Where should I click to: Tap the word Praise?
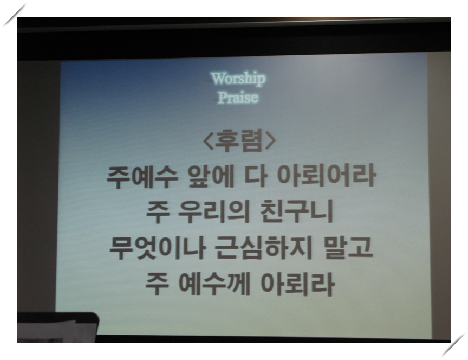(x=238, y=98)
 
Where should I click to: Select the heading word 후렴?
(x=239, y=140)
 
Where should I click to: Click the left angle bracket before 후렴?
(x=208, y=141)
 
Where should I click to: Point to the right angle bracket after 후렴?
(x=270, y=141)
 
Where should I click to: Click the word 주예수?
(x=142, y=177)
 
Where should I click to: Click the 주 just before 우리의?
(x=158, y=213)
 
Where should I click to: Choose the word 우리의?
(x=214, y=212)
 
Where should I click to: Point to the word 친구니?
(x=296, y=211)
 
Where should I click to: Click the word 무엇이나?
(x=157, y=248)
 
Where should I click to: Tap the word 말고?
(x=348, y=247)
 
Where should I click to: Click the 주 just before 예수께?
(x=157, y=285)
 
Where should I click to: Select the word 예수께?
(x=214, y=284)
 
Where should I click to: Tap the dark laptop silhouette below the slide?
(x=57, y=327)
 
